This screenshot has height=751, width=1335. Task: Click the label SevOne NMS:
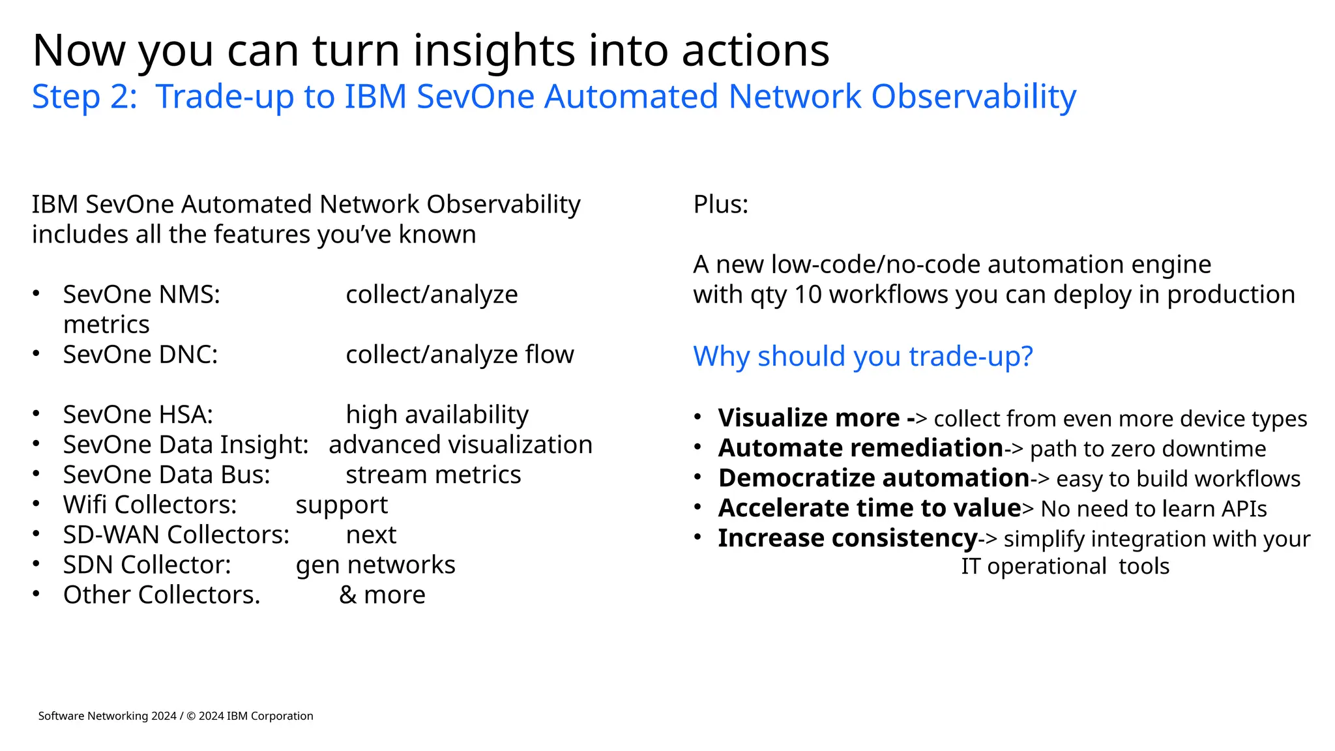tap(141, 295)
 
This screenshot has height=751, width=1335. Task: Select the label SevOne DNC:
tap(140, 355)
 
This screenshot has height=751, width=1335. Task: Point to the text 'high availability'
tap(437, 415)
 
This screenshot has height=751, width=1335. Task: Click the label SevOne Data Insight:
tap(185, 445)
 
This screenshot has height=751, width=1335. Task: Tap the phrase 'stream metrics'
tap(433, 475)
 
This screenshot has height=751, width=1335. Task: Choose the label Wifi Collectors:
tap(150, 505)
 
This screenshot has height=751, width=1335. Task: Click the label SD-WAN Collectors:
tap(176, 535)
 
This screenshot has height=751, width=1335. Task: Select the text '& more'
tap(382, 595)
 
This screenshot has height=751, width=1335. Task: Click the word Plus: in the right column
tap(720, 205)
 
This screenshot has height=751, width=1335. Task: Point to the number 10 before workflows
tap(808, 295)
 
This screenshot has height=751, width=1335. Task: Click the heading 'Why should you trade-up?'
tap(862, 356)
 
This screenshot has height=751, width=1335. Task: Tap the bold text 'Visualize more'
tap(808, 418)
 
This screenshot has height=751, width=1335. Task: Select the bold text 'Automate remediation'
tap(860, 448)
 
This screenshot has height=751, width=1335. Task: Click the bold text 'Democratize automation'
tap(873, 478)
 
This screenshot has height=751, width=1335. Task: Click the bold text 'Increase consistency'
tap(847, 538)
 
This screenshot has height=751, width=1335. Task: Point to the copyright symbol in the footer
tap(191, 716)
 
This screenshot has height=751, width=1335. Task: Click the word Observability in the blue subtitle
tap(973, 96)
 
